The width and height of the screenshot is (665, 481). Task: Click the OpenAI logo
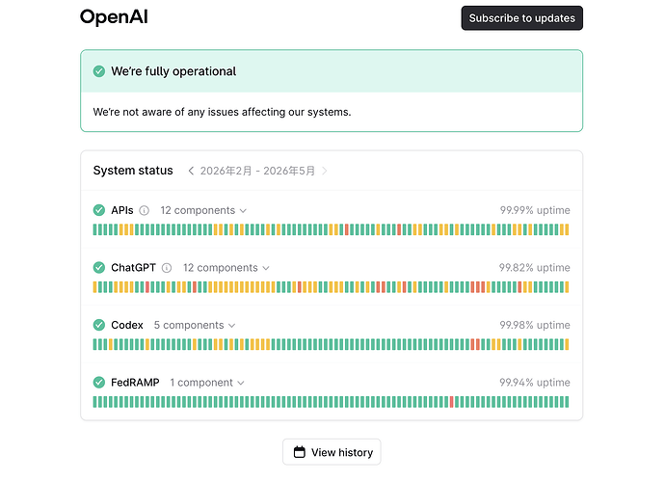click(114, 17)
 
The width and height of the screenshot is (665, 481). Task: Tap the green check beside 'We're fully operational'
click(99, 71)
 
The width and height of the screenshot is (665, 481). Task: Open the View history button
click(332, 452)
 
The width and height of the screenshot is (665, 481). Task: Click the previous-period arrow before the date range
click(191, 171)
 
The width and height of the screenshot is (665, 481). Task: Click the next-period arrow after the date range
click(325, 171)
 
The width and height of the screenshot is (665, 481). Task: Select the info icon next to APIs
click(145, 210)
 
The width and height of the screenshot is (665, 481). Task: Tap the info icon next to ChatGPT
click(167, 268)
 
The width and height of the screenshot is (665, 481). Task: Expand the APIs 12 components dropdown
click(203, 210)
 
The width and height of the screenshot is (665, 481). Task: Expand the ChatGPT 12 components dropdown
click(226, 268)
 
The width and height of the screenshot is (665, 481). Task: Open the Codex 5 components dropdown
click(195, 326)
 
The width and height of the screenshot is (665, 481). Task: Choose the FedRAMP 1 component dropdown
click(207, 383)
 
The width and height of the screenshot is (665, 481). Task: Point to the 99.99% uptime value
click(535, 210)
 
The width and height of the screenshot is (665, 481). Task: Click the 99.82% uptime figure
click(534, 268)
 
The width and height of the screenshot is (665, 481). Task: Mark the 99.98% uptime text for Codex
click(535, 325)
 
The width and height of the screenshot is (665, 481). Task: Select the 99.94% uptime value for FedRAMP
click(535, 382)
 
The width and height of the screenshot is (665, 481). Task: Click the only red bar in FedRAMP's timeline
click(451, 402)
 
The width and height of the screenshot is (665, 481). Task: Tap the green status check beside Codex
click(99, 325)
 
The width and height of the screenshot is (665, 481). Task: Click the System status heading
click(133, 171)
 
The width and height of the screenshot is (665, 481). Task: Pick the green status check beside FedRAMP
click(99, 383)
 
